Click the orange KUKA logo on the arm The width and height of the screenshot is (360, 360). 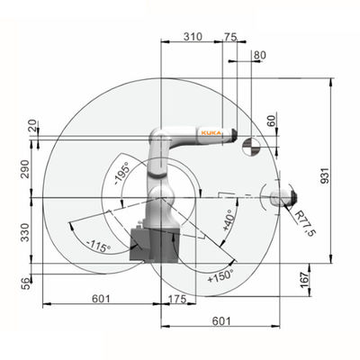click(x=211, y=133)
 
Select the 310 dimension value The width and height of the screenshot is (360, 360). click(x=193, y=37)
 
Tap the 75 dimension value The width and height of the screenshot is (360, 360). click(x=230, y=37)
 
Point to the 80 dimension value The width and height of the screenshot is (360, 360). click(x=260, y=55)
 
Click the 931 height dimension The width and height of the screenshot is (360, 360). click(x=325, y=175)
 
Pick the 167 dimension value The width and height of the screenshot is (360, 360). click(x=305, y=280)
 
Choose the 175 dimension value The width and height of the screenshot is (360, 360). click(x=177, y=299)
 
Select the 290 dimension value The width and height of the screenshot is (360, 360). click(x=25, y=169)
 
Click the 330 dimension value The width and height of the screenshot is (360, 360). click(x=25, y=232)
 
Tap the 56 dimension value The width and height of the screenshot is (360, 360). click(x=26, y=283)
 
